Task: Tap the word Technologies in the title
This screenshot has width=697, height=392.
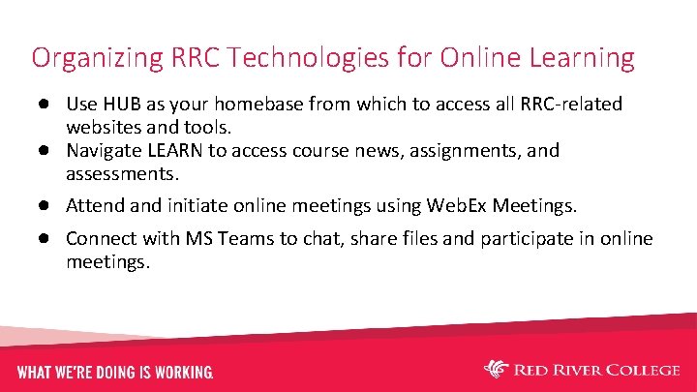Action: pyautogui.click(x=281, y=58)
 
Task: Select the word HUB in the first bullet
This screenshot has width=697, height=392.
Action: pyautogui.click(x=117, y=104)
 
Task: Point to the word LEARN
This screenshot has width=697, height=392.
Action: pyautogui.click(x=174, y=151)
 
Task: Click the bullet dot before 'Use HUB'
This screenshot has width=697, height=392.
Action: pyautogui.click(x=45, y=104)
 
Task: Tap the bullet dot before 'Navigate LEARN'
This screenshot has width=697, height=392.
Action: pyautogui.click(x=45, y=151)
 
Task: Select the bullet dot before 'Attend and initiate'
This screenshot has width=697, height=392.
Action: pyautogui.click(x=45, y=206)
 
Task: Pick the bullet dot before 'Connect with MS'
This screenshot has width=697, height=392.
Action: pyautogui.click(x=45, y=239)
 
